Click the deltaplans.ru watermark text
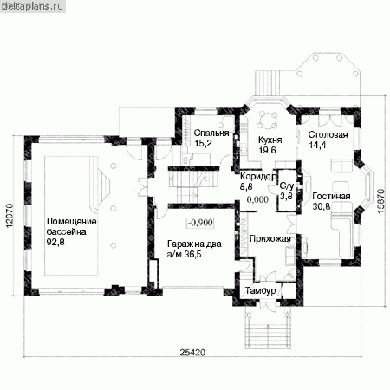(x=32, y=6)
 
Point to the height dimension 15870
(x=381, y=201)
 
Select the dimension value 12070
(x=10, y=216)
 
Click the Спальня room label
(x=211, y=133)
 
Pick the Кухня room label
(x=270, y=140)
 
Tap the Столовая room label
(x=328, y=135)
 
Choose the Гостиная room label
(x=331, y=197)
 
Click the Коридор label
(x=258, y=176)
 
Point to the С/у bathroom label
(x=286, y=186)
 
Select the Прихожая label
(x=270, y=239)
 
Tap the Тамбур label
(x=261, y=290)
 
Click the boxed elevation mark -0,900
(x=201, y=223)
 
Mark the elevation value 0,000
(x=257, y=199)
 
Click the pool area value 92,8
(x=55, y=242)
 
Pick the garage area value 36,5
(x=192, y=255)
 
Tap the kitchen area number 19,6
(x=267, y=150)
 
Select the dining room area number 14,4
(x=317, y=145)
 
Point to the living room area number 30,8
(x=322, y=206)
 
